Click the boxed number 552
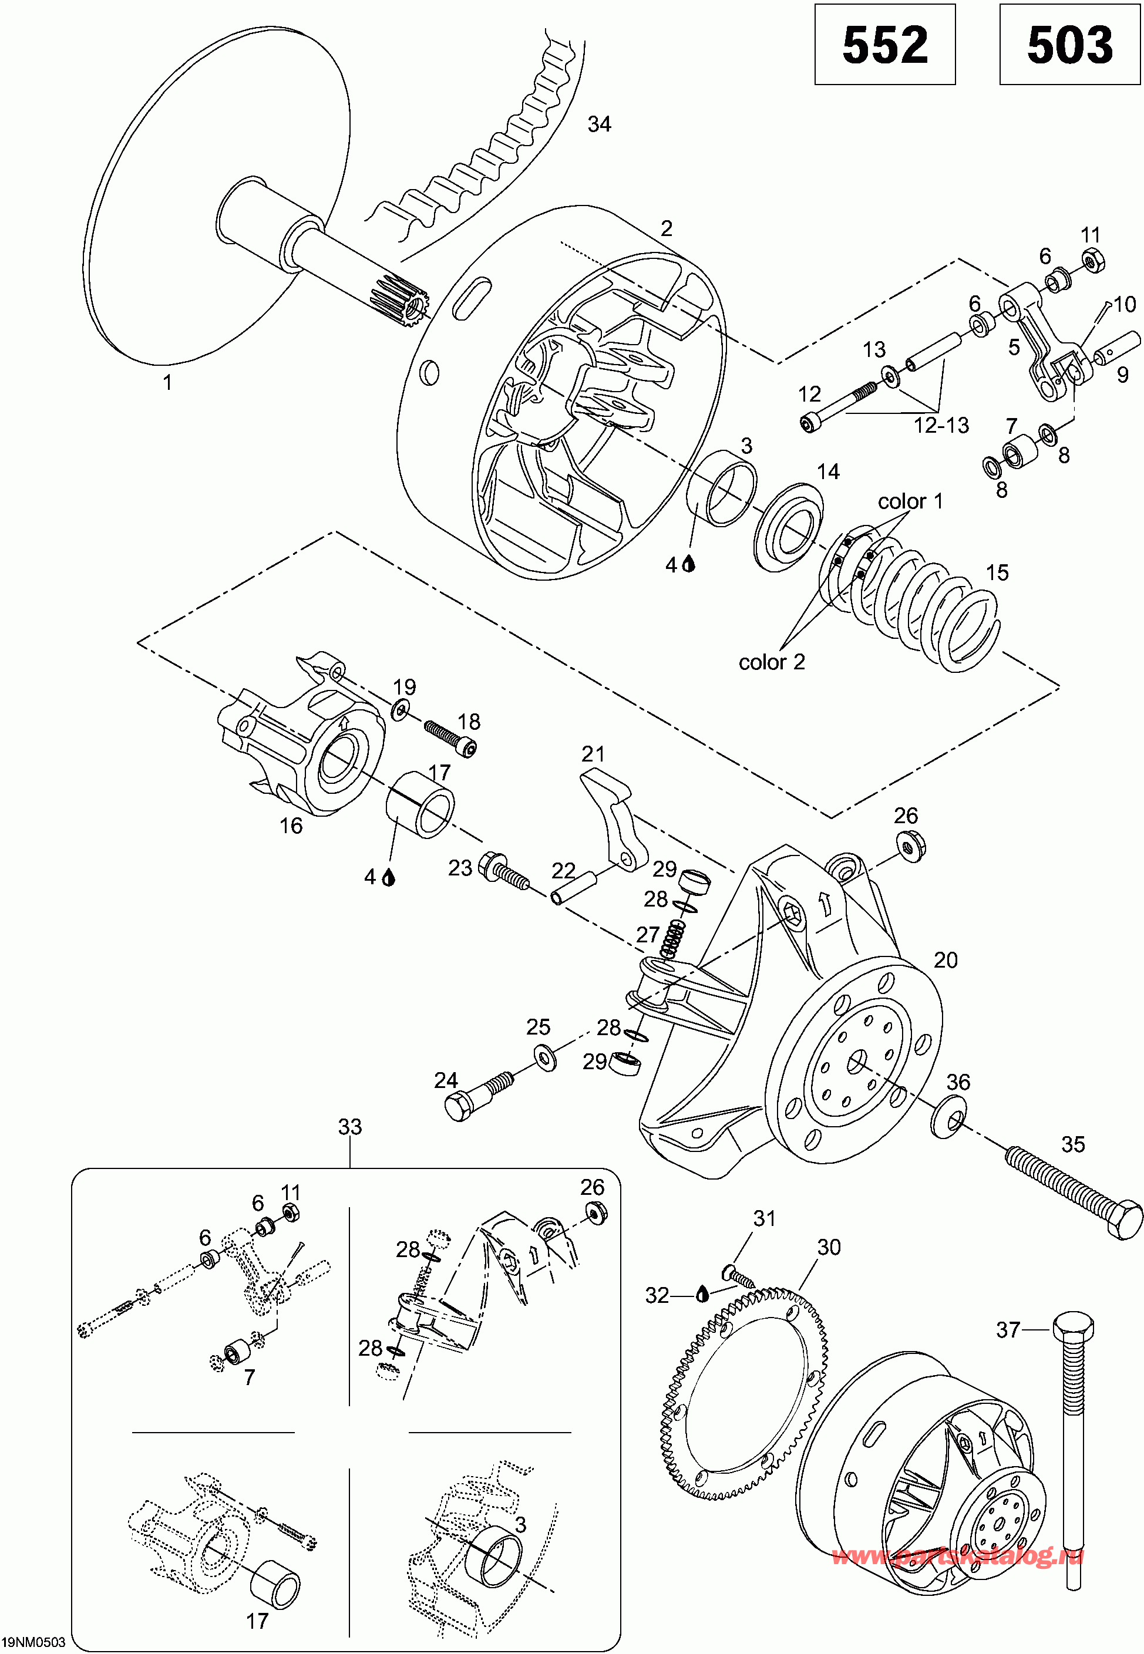[x=884, y=45]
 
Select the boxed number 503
[x=1069, y=45]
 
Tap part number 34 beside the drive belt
[x=599, y=124]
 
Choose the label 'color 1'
[x=910, y=501]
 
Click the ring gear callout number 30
[x=829, y=1248]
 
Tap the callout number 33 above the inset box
[x=350, y=1127]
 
